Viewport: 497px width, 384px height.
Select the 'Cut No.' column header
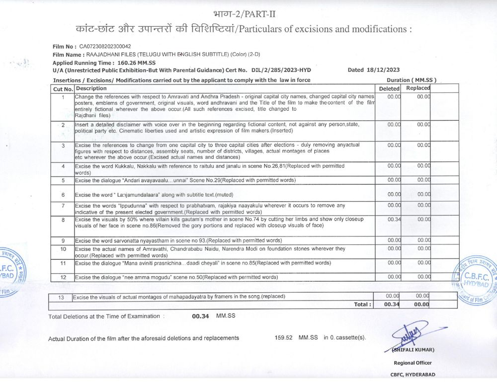tap(63, 89)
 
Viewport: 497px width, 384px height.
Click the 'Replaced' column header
tap(418, 88)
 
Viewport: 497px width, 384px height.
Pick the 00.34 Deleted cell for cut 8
tap(394, 220)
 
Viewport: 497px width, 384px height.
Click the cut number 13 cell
tap(61, 297)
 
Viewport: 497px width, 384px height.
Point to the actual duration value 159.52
tap(284, 338)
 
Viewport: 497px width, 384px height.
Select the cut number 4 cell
tap(63, 166)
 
